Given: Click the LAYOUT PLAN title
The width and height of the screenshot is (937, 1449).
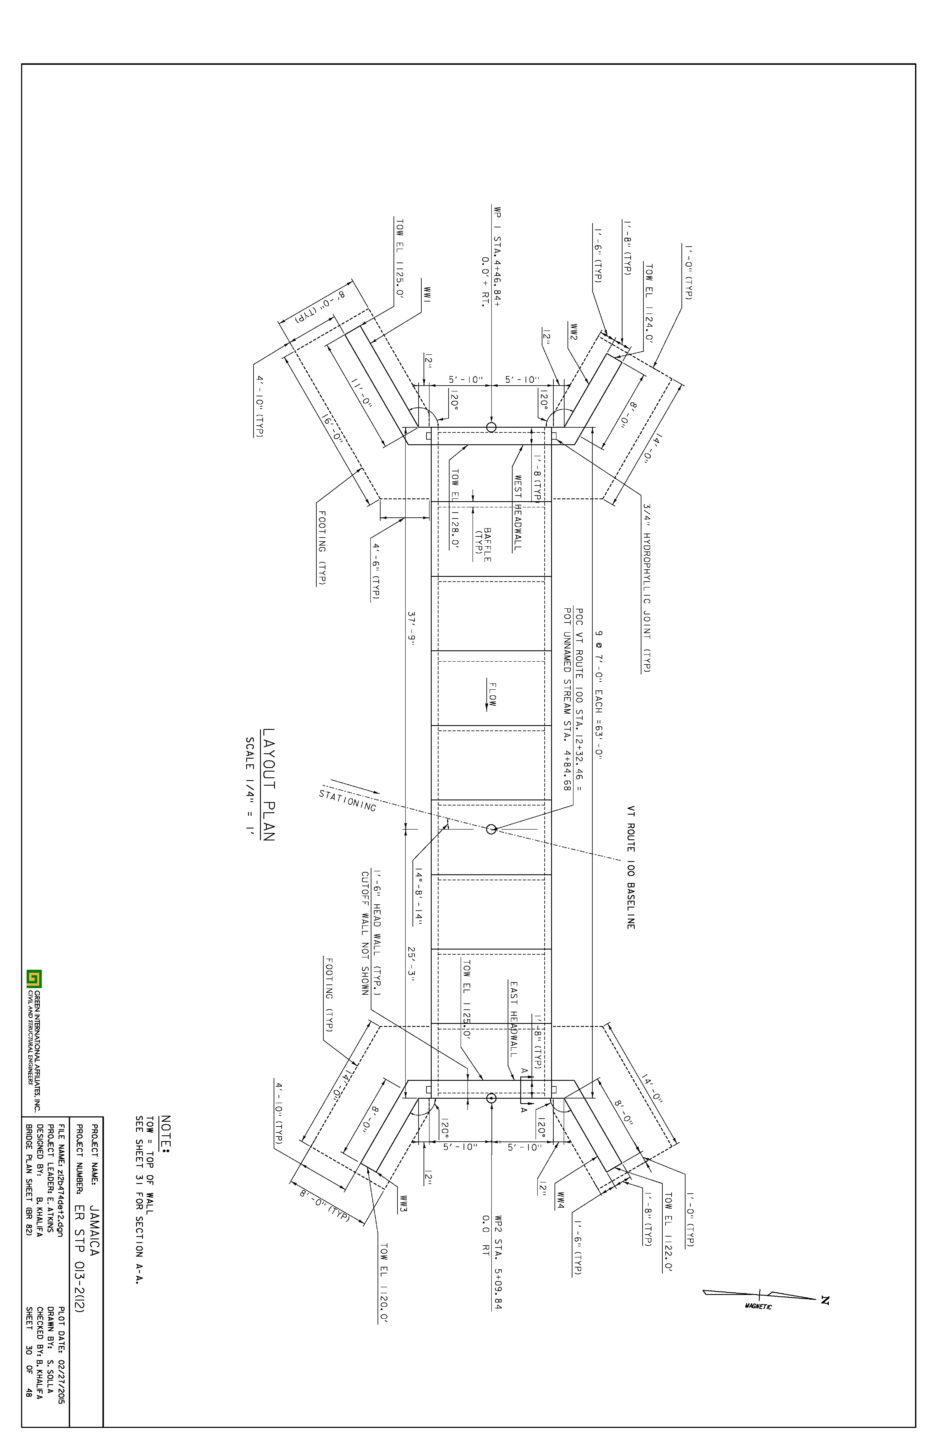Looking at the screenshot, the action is (x=268, y=785).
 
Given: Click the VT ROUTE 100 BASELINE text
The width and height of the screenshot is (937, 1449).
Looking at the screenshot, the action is (x=631, y=867).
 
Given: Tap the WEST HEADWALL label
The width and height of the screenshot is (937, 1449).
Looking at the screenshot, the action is (x=518, y=513).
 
